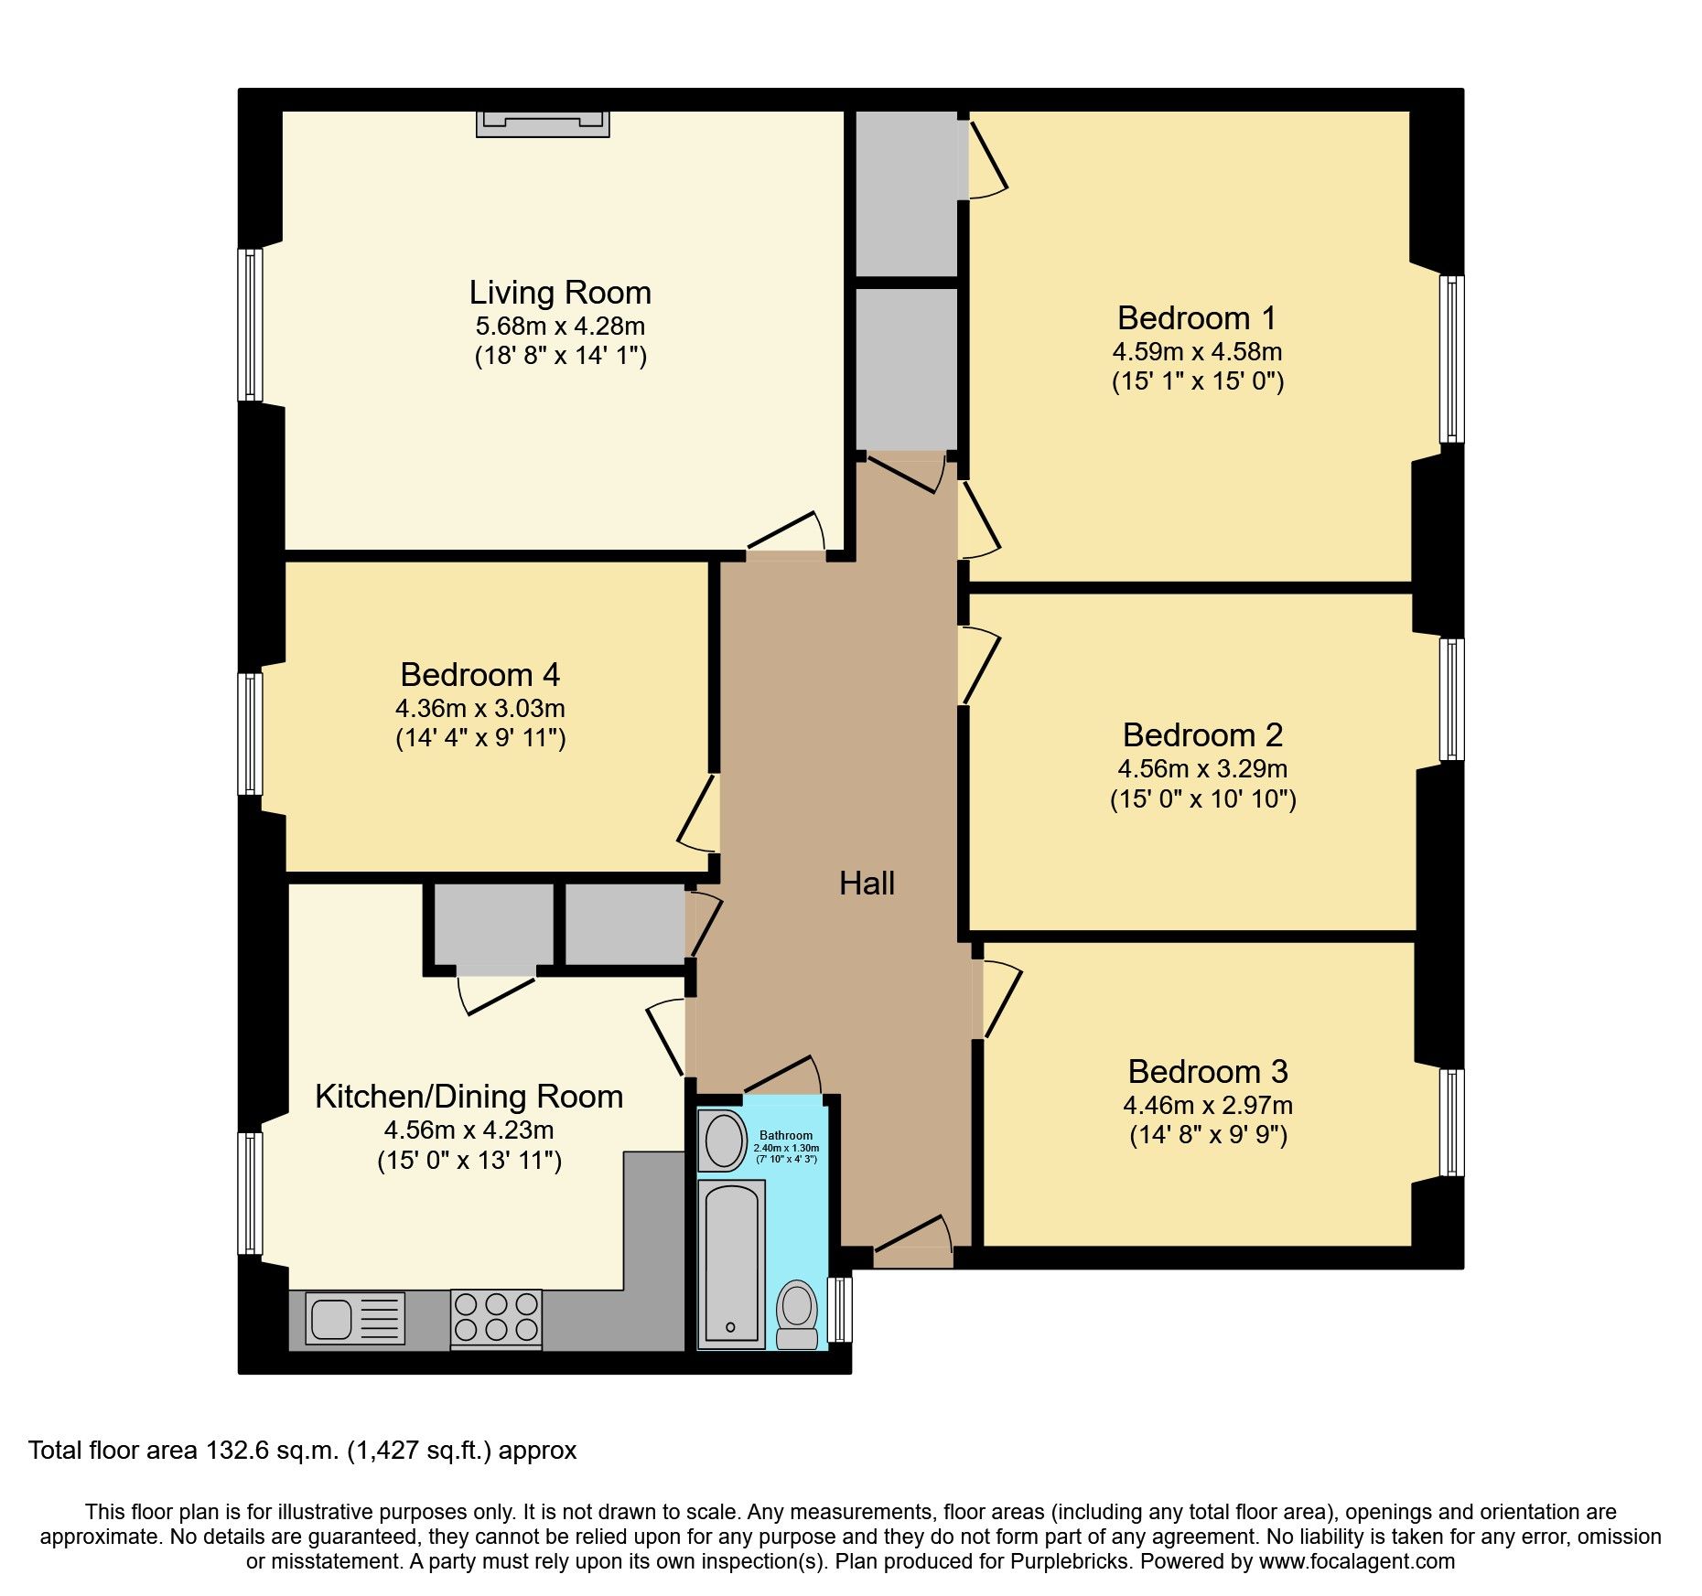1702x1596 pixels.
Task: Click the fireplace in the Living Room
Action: (543, 123)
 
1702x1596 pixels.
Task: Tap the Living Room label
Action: (560, 293)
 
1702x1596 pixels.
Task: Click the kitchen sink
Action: (354, 1318)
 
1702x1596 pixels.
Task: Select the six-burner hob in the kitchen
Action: (496, 1318)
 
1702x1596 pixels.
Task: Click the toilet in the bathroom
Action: (797, 1314)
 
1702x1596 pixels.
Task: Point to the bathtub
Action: (731, 1263)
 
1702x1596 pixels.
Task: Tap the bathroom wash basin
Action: (724, 1140)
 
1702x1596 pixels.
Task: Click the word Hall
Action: (867, 884)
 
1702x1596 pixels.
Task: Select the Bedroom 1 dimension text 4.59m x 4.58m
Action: (1197, 351)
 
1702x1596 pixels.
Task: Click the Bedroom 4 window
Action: (251, 734)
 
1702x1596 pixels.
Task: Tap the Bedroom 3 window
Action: (1451, 1122)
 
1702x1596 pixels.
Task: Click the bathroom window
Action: (840, 1309)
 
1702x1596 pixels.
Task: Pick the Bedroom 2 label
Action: (1202, 735)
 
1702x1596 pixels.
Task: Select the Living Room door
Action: (787, 534)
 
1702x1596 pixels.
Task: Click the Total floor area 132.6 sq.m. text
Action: (302, 1451)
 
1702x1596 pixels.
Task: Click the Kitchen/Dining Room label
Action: (469, 1097)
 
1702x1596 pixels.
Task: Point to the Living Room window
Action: (251, 325)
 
